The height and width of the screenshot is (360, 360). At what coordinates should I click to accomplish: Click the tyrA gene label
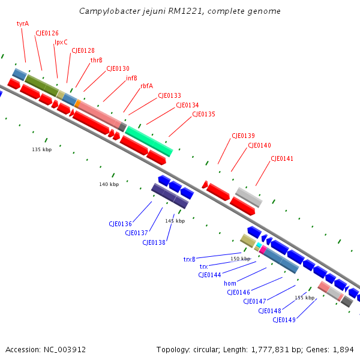click(23, 23)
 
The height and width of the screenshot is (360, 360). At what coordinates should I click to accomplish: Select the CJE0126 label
click(47, 33)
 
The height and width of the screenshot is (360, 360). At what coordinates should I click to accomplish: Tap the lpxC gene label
click(61, 42)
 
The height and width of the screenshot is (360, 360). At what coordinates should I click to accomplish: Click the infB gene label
click(131, 78)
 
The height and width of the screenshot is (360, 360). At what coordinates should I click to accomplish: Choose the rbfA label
click(146, 86)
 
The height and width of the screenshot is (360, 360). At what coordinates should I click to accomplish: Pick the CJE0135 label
click(203, 114)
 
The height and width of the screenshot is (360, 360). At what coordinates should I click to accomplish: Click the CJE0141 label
click(282, 158)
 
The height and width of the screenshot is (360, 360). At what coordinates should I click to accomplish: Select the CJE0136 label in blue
click(120, 224)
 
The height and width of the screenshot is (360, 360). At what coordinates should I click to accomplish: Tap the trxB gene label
click(190, 259)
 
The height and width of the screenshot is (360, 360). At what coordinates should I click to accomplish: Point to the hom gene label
click(230, 283)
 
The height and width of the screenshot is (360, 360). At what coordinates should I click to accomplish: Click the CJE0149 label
click(284, 320)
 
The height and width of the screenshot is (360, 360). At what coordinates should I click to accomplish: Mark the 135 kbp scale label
click(41, 149)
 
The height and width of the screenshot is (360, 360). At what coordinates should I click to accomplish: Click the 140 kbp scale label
click(109, 184)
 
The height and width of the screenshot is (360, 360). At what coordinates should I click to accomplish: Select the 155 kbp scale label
click(304, 298)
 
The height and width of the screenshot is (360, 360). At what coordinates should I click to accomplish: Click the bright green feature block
click(149, 141)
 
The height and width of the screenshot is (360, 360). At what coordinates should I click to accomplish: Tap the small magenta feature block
click(263, 249)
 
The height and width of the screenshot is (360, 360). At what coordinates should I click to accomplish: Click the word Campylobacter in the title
click(106, 11)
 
